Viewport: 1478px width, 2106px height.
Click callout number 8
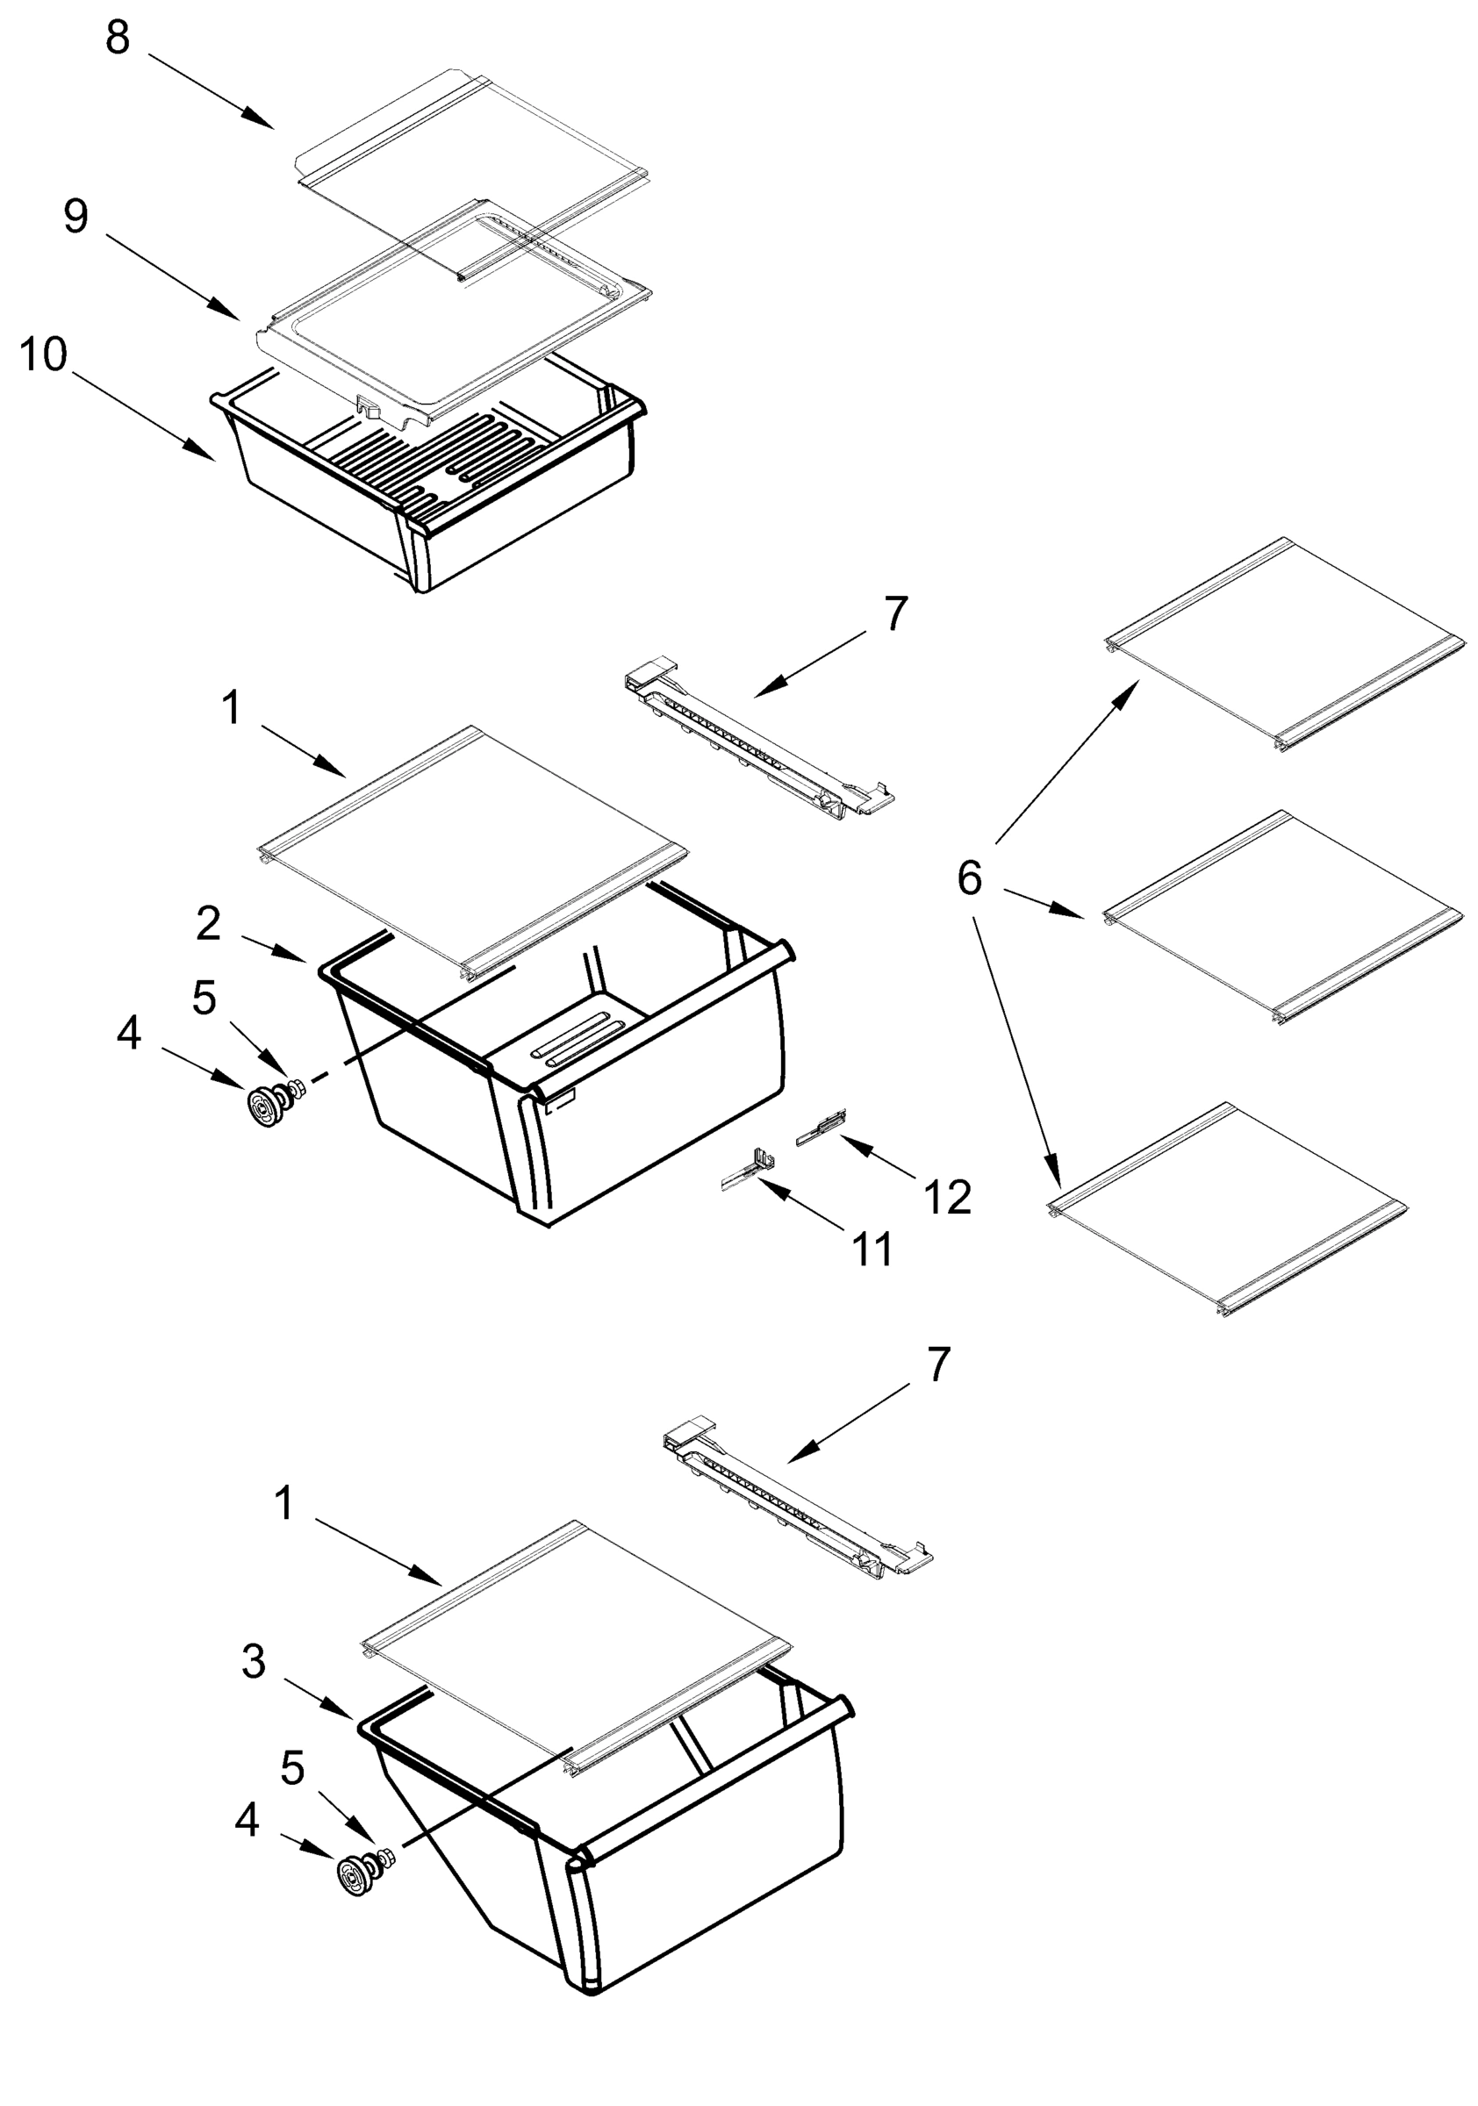[x=118, y=39]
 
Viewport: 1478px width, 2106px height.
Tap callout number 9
[x=76, y=217]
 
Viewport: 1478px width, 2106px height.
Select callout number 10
[x=43, y=354]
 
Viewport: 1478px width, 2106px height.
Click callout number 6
[x=969, y=878]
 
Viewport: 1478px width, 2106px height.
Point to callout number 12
[x=947, y=1197]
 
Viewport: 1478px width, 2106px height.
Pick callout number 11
[x=872, y=1249]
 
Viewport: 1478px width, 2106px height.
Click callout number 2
[x=208, y=925]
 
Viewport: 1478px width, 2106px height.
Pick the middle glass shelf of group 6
[x=1282, y=917]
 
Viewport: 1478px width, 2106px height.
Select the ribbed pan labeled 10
[x=431, y=477]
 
